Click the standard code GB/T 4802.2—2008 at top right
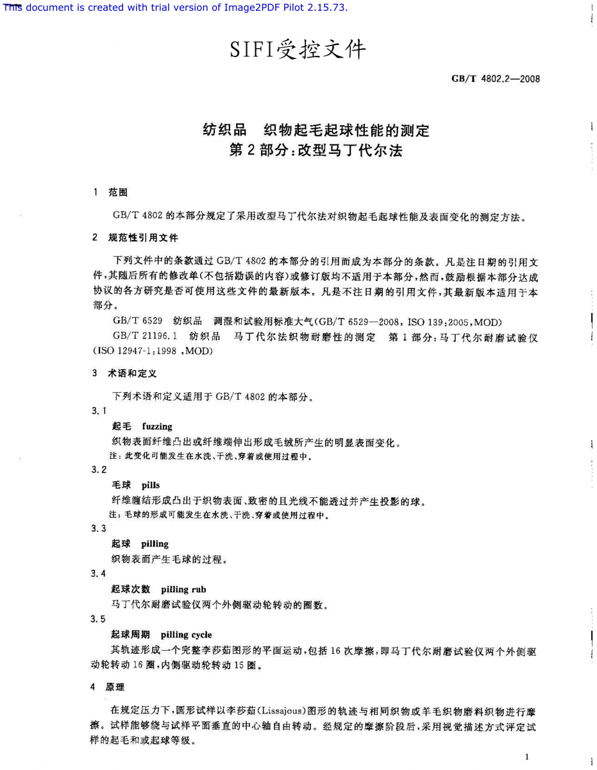(x=496, y=79)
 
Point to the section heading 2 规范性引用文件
(x=135, y=237)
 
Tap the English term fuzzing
(x=157, y=426)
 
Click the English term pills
(x=151, y=485)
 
